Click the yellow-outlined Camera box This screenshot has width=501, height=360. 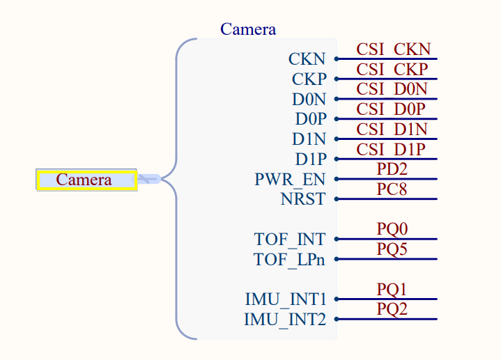coord(86,180)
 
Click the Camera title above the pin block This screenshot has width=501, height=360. coord(248,29)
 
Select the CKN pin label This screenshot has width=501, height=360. coord(307,59)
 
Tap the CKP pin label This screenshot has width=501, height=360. coord(309,79)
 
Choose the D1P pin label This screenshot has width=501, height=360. coord(310,159)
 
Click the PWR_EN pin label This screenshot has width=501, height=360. coord(290,180)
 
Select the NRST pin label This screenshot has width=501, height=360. coord(302,199)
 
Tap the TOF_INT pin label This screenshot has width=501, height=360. coord(289,240)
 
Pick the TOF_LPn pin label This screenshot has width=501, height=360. coord(288,260)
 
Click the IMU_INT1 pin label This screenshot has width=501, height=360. coord(285,300)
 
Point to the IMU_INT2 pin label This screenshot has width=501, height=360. coord(284,320)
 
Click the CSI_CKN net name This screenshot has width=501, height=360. coord(393,49)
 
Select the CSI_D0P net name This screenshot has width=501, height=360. coord(391,109)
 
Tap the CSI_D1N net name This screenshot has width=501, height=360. coord(392,130)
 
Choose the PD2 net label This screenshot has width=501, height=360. coord(392,169)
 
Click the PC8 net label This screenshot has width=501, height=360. coord(392,189)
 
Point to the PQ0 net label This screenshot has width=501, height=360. coord(392,229)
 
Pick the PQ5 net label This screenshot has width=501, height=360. coord(392,249)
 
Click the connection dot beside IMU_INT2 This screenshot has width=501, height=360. coord(337,320)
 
